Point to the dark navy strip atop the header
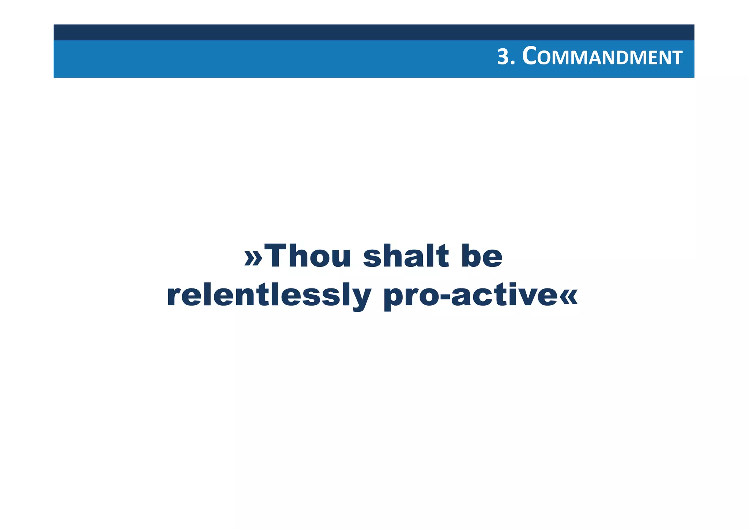click(x=374, y=32)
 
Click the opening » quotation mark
click(x=253, y=257)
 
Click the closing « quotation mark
click(x=569, y=296)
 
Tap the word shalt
click(x=406, y=256)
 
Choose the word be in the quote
click(x=482, y=256)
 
